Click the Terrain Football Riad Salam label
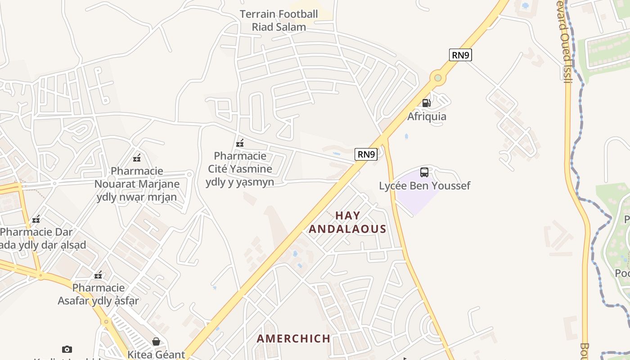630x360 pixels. click(x=279, y=20)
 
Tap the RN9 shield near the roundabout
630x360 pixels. click(x=460, y=55)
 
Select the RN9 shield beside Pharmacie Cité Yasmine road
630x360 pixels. click(x=366, y=154)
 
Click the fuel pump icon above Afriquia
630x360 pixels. click(x=426, y=103)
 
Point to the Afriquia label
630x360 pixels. click(x=427, y=117)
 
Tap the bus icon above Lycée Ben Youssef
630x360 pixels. click(x=424, y=172)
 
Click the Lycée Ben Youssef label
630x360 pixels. click(x=424, y=185)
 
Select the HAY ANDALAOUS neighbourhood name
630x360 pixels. click(x=347, y=222)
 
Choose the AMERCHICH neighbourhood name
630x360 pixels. click(x=293, y=338)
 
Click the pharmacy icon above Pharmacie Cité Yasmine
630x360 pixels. click(x=240, y=143)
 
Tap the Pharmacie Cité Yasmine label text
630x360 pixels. click(x=240, y=169)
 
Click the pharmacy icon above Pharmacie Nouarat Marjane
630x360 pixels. click(x=137, y=158)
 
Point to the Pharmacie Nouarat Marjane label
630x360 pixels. click(x=137, y=184)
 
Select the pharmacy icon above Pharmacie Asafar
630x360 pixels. click(x=98, y=275)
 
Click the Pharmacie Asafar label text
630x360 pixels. click(x=98, y=294)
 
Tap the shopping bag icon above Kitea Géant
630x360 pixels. click(x=156, y=342)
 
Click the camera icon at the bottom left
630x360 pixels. click(x=67, y=349)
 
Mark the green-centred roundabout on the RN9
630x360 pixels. click(x=437, y=78)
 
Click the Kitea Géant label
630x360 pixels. click(x=156, y=355)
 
